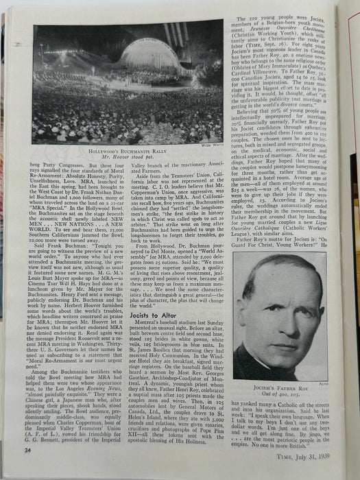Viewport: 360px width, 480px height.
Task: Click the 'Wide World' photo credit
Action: (x=211, y=145)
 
